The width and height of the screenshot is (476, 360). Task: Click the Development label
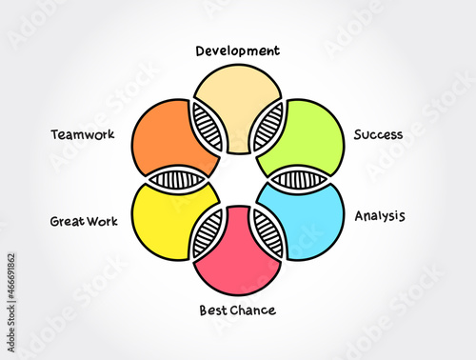click(238, 50)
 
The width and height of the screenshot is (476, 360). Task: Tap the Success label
click(378, 135)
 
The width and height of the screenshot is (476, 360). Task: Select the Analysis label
click(380, 216)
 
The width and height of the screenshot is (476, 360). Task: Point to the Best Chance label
click(237, 310)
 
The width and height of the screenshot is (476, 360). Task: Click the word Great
click(69, 222)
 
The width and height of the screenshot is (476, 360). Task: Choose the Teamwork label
click(83, 134)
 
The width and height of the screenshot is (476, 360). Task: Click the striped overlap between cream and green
click(270, 123)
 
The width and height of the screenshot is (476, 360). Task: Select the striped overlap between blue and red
click(269, 234)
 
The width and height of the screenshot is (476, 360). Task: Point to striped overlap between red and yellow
click(207, 234)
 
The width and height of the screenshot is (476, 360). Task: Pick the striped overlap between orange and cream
click(207, 123)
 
